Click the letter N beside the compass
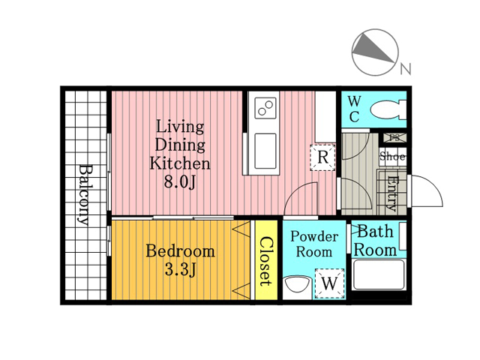406,69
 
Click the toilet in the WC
388,109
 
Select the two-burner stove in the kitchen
265,108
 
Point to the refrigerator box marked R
323,157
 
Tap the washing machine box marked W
330,283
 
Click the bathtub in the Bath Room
378,274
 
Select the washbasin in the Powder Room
297,285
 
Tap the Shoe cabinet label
392,157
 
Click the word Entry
392,193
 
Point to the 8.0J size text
180,182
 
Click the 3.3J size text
180,270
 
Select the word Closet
265,262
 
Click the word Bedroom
180,251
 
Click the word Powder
314,237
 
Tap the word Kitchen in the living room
180,163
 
